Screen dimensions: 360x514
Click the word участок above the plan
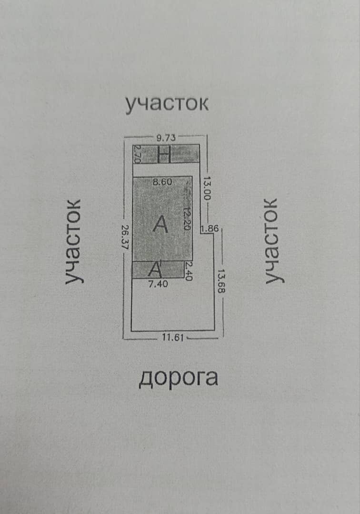coord(167,104)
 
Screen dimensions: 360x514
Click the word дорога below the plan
coord(179,378)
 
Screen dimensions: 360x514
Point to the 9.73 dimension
coord(166,138)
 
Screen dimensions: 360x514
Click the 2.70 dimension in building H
coord(137,154)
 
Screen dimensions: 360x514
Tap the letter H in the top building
coord(164,154)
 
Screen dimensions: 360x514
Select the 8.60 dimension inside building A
coord(162,182)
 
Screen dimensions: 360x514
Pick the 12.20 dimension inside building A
coord(187,218)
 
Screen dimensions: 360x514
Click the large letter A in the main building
coord(160,225)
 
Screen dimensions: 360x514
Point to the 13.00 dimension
coord(207,188)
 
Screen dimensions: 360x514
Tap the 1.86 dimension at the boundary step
coord(210,228)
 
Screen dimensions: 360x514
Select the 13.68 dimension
coord(222,281)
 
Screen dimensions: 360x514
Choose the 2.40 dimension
coord(188,271)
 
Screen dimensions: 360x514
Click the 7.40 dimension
coord(158,284)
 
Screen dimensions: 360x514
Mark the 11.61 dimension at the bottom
coord(173,337)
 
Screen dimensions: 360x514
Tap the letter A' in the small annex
coord(155,269)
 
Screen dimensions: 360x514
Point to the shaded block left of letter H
coord(149,154)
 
